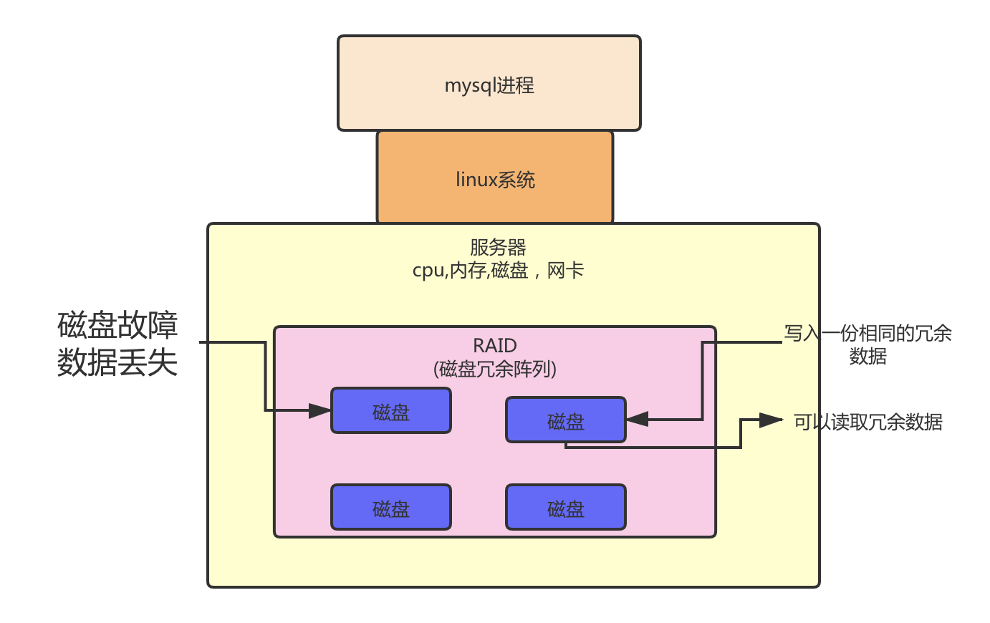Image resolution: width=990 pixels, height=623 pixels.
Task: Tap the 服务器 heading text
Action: [x=498, y=248]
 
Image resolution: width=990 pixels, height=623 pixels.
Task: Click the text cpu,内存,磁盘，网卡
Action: [x=498, y=271]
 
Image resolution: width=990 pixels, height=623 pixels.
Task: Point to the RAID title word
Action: [x=495, y=346]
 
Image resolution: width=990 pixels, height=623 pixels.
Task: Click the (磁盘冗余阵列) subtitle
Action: [x=495, y=369]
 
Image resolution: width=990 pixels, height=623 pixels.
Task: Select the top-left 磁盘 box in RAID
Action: [x=391, y=411]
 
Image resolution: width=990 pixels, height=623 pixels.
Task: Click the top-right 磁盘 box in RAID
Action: [x=566, y=420]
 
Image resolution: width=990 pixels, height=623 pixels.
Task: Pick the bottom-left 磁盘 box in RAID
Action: [x=391, y=508]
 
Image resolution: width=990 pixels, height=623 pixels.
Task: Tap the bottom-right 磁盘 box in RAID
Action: [x=566, y=508]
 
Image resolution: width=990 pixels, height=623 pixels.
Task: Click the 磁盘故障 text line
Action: [x=117, y=326]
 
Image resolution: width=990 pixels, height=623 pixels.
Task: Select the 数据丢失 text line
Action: [x=117, y=362]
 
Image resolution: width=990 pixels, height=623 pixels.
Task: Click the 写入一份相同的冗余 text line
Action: [x=868, y=334]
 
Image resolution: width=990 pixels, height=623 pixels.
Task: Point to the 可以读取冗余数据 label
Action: [x=868, y=422]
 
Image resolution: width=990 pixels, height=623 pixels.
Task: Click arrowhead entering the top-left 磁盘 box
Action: [x=319, y=411]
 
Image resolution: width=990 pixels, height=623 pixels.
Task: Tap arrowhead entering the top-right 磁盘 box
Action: [x=638, y=419]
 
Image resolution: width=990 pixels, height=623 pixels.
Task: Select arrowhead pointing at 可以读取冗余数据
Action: [x=771, y=420]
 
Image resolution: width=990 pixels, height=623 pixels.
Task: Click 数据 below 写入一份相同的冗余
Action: [x=868, y=356]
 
